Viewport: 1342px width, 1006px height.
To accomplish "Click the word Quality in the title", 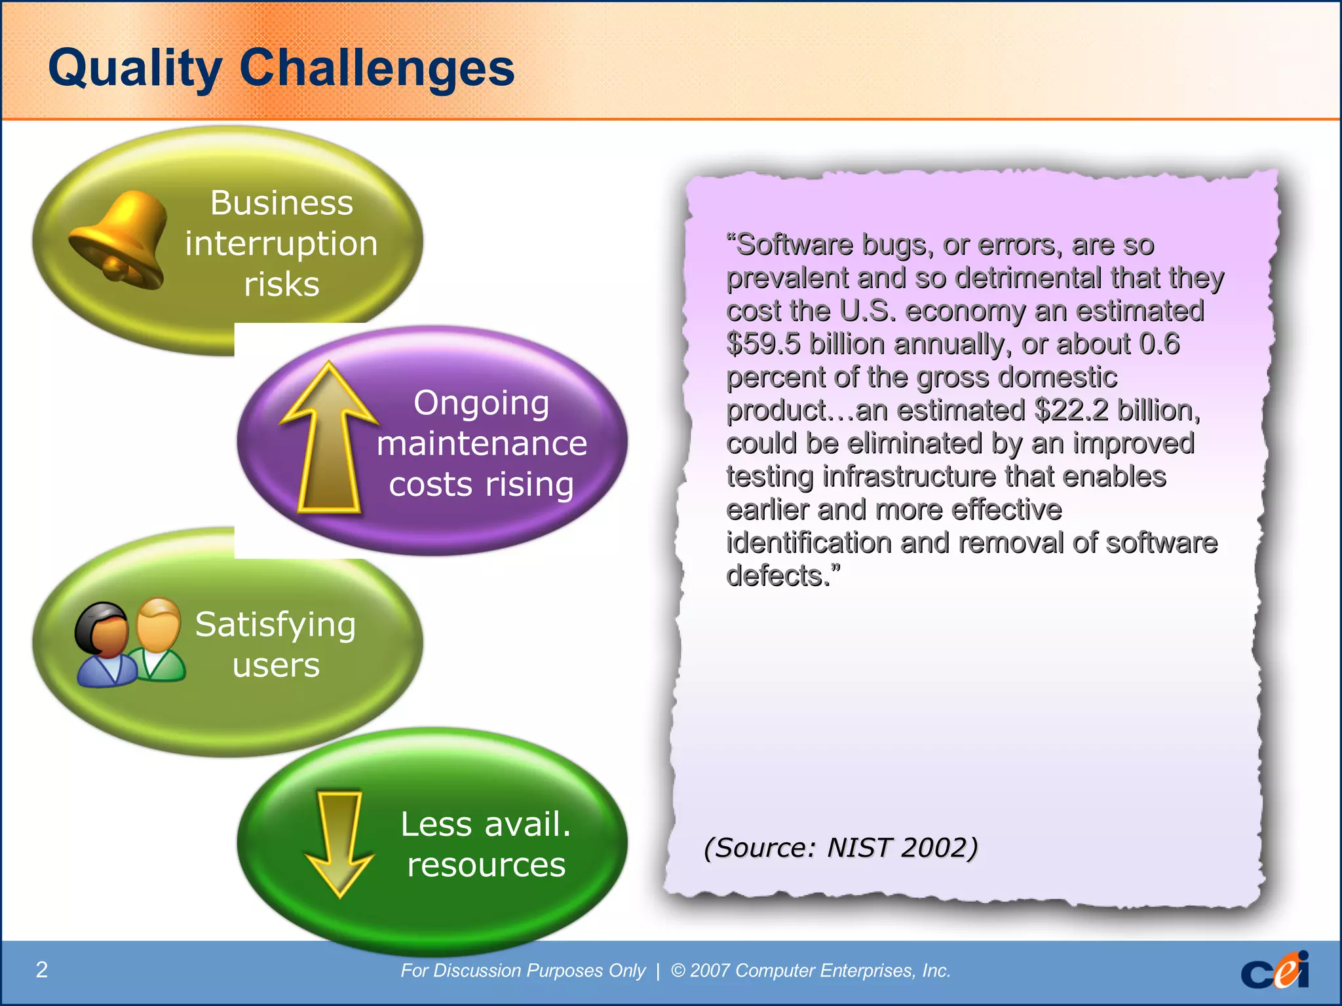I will pyautogui.click(x=135, y=68).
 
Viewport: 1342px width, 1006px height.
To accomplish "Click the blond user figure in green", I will pyautogui.click(x=158, y=639).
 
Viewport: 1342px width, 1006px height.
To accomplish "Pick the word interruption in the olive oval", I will pyautogui.click(x=281, y=244).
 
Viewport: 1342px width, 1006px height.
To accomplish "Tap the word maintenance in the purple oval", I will pyautogui.click(x=482, y=443).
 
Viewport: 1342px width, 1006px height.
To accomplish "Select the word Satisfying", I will pyautogui.click(x=275, y=624).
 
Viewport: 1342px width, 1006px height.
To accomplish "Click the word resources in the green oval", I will pyautogui.click(x=486, y=865).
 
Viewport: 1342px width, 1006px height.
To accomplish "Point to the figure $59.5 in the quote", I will pyautogui.click(x=763, y=344).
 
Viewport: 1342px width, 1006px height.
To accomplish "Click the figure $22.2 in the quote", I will pyautogui.click(x=1071, y=411).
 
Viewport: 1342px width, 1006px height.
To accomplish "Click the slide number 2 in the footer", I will pyautogui.click(x=41, y=969).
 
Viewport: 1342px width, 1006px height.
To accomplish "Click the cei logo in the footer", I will pyautogui.click(x=1274, y=970).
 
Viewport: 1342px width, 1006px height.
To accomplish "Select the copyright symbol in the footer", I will pyautogui.click(x=678, y=970).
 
